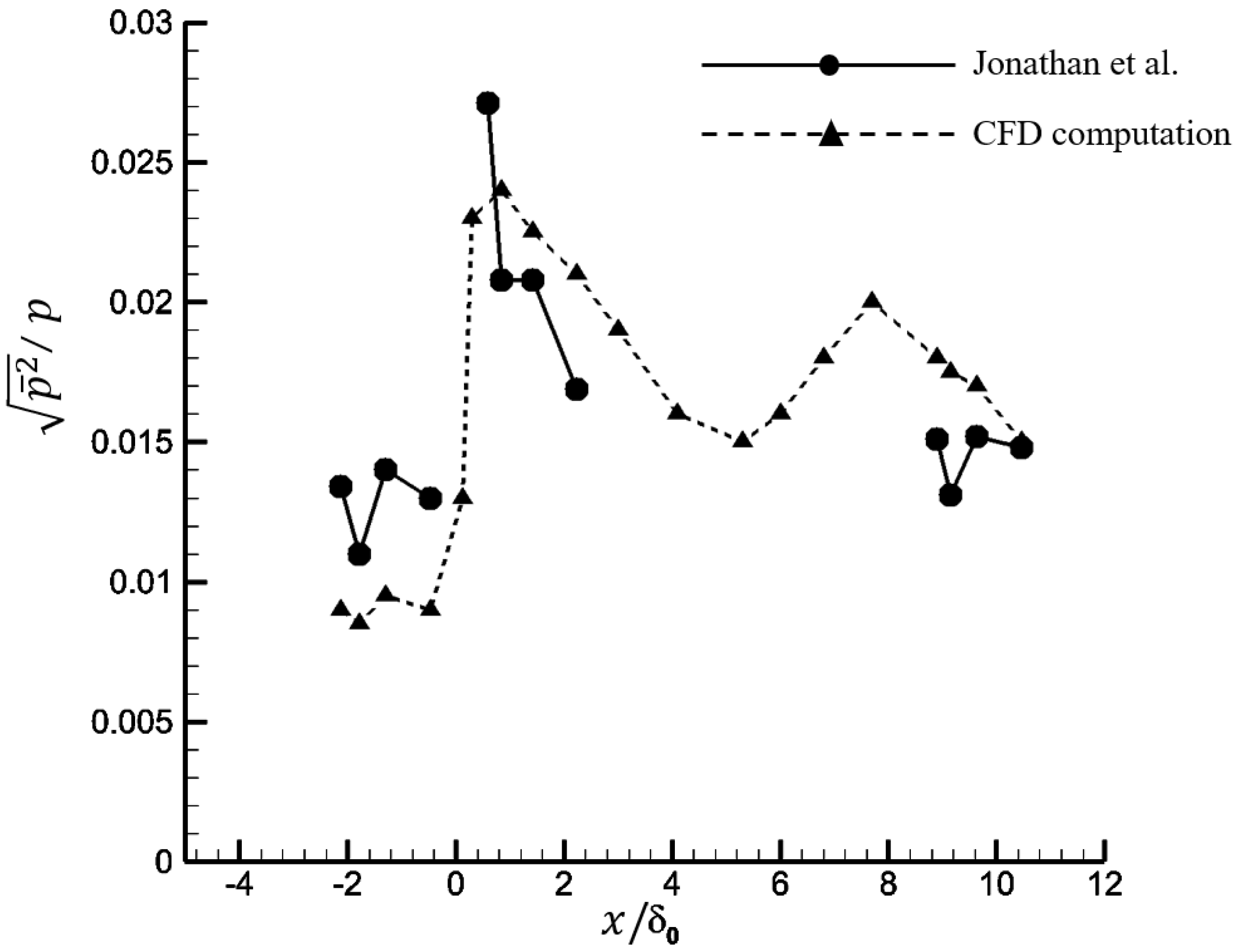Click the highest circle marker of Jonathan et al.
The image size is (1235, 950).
tap(487, 104)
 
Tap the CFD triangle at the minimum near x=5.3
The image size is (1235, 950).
tap(743, 441)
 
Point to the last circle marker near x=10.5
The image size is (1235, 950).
tap(1021, 448)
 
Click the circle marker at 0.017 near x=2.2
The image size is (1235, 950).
tap(577, 389)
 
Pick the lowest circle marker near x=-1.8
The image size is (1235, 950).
tap(359, 555)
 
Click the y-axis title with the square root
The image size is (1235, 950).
tap(36, 367)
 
